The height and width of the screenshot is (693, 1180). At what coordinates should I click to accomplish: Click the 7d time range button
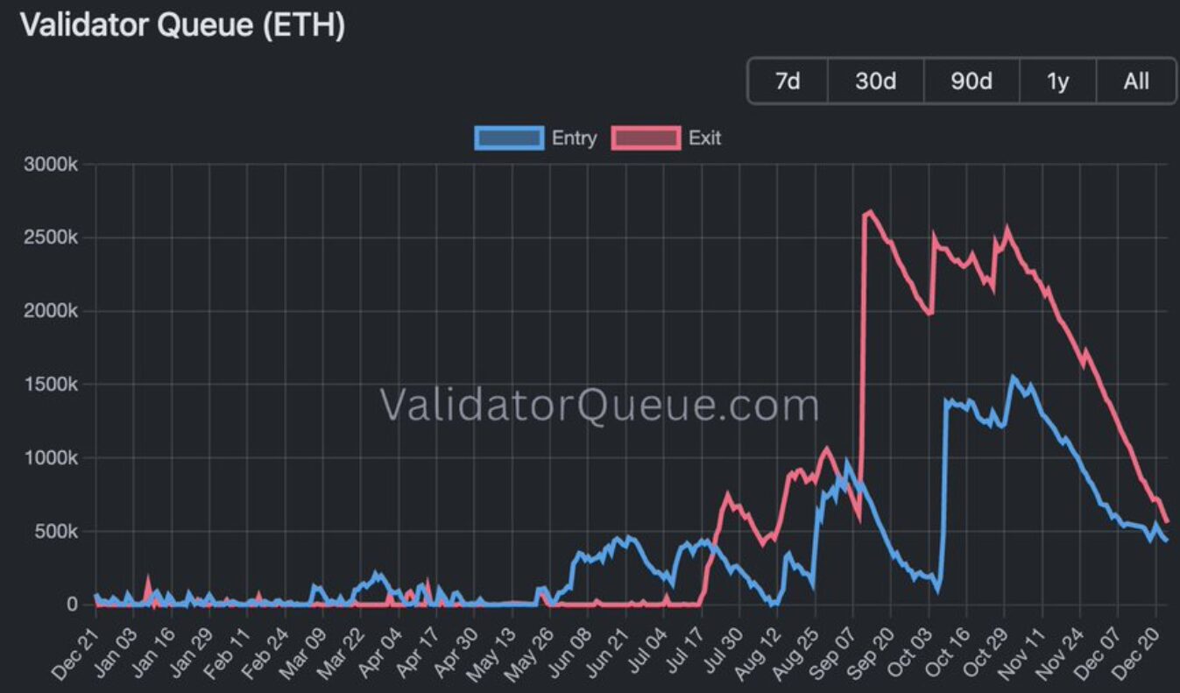click(788, 81)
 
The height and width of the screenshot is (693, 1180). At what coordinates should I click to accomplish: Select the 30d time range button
click(875, 81)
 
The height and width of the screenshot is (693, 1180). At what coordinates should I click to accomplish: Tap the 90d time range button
click(972, 81)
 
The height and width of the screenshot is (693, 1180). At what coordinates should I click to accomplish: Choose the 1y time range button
click(1057, 81)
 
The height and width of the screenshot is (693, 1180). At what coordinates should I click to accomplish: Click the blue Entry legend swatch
click(508, 138)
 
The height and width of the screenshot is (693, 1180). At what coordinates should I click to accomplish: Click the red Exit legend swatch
click(647, 138)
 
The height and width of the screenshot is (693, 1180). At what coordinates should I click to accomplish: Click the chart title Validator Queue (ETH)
click(182, 25)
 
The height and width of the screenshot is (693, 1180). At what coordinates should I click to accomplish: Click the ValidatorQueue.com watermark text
click(599, 406)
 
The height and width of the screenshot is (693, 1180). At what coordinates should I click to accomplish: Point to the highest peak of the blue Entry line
click(1013, 378)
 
